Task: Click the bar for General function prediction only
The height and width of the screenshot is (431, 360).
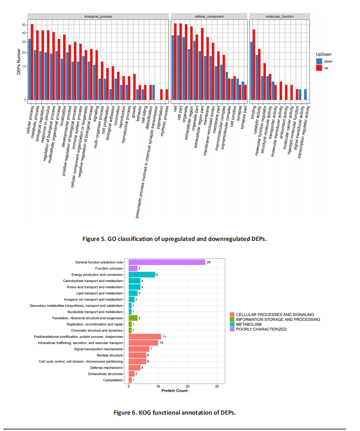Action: click(167, 262)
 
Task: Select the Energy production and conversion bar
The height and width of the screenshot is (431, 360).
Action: click(142, 274)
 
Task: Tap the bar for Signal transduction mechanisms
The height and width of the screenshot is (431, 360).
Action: click(139, 349)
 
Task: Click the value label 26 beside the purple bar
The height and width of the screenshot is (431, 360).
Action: click(209, 262)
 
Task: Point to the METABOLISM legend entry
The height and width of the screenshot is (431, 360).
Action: click(249, 324)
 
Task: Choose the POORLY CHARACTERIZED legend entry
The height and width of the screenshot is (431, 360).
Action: click(261, 329)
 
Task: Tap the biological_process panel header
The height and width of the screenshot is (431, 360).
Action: click(98, 16)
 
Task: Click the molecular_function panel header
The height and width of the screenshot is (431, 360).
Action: click(279, 16)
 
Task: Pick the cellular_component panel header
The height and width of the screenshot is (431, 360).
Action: click(209, 16)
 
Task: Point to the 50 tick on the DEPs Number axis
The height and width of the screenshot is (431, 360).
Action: click(24, 25)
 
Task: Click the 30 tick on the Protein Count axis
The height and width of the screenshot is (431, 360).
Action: click(217, 386)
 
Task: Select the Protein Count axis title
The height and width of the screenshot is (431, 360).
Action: click(174, 391)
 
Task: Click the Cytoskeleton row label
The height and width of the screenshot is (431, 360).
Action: click(113, 380)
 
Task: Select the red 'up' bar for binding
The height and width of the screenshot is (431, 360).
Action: click(254, 64)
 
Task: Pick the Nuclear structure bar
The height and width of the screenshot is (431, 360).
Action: click(138, 355)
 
